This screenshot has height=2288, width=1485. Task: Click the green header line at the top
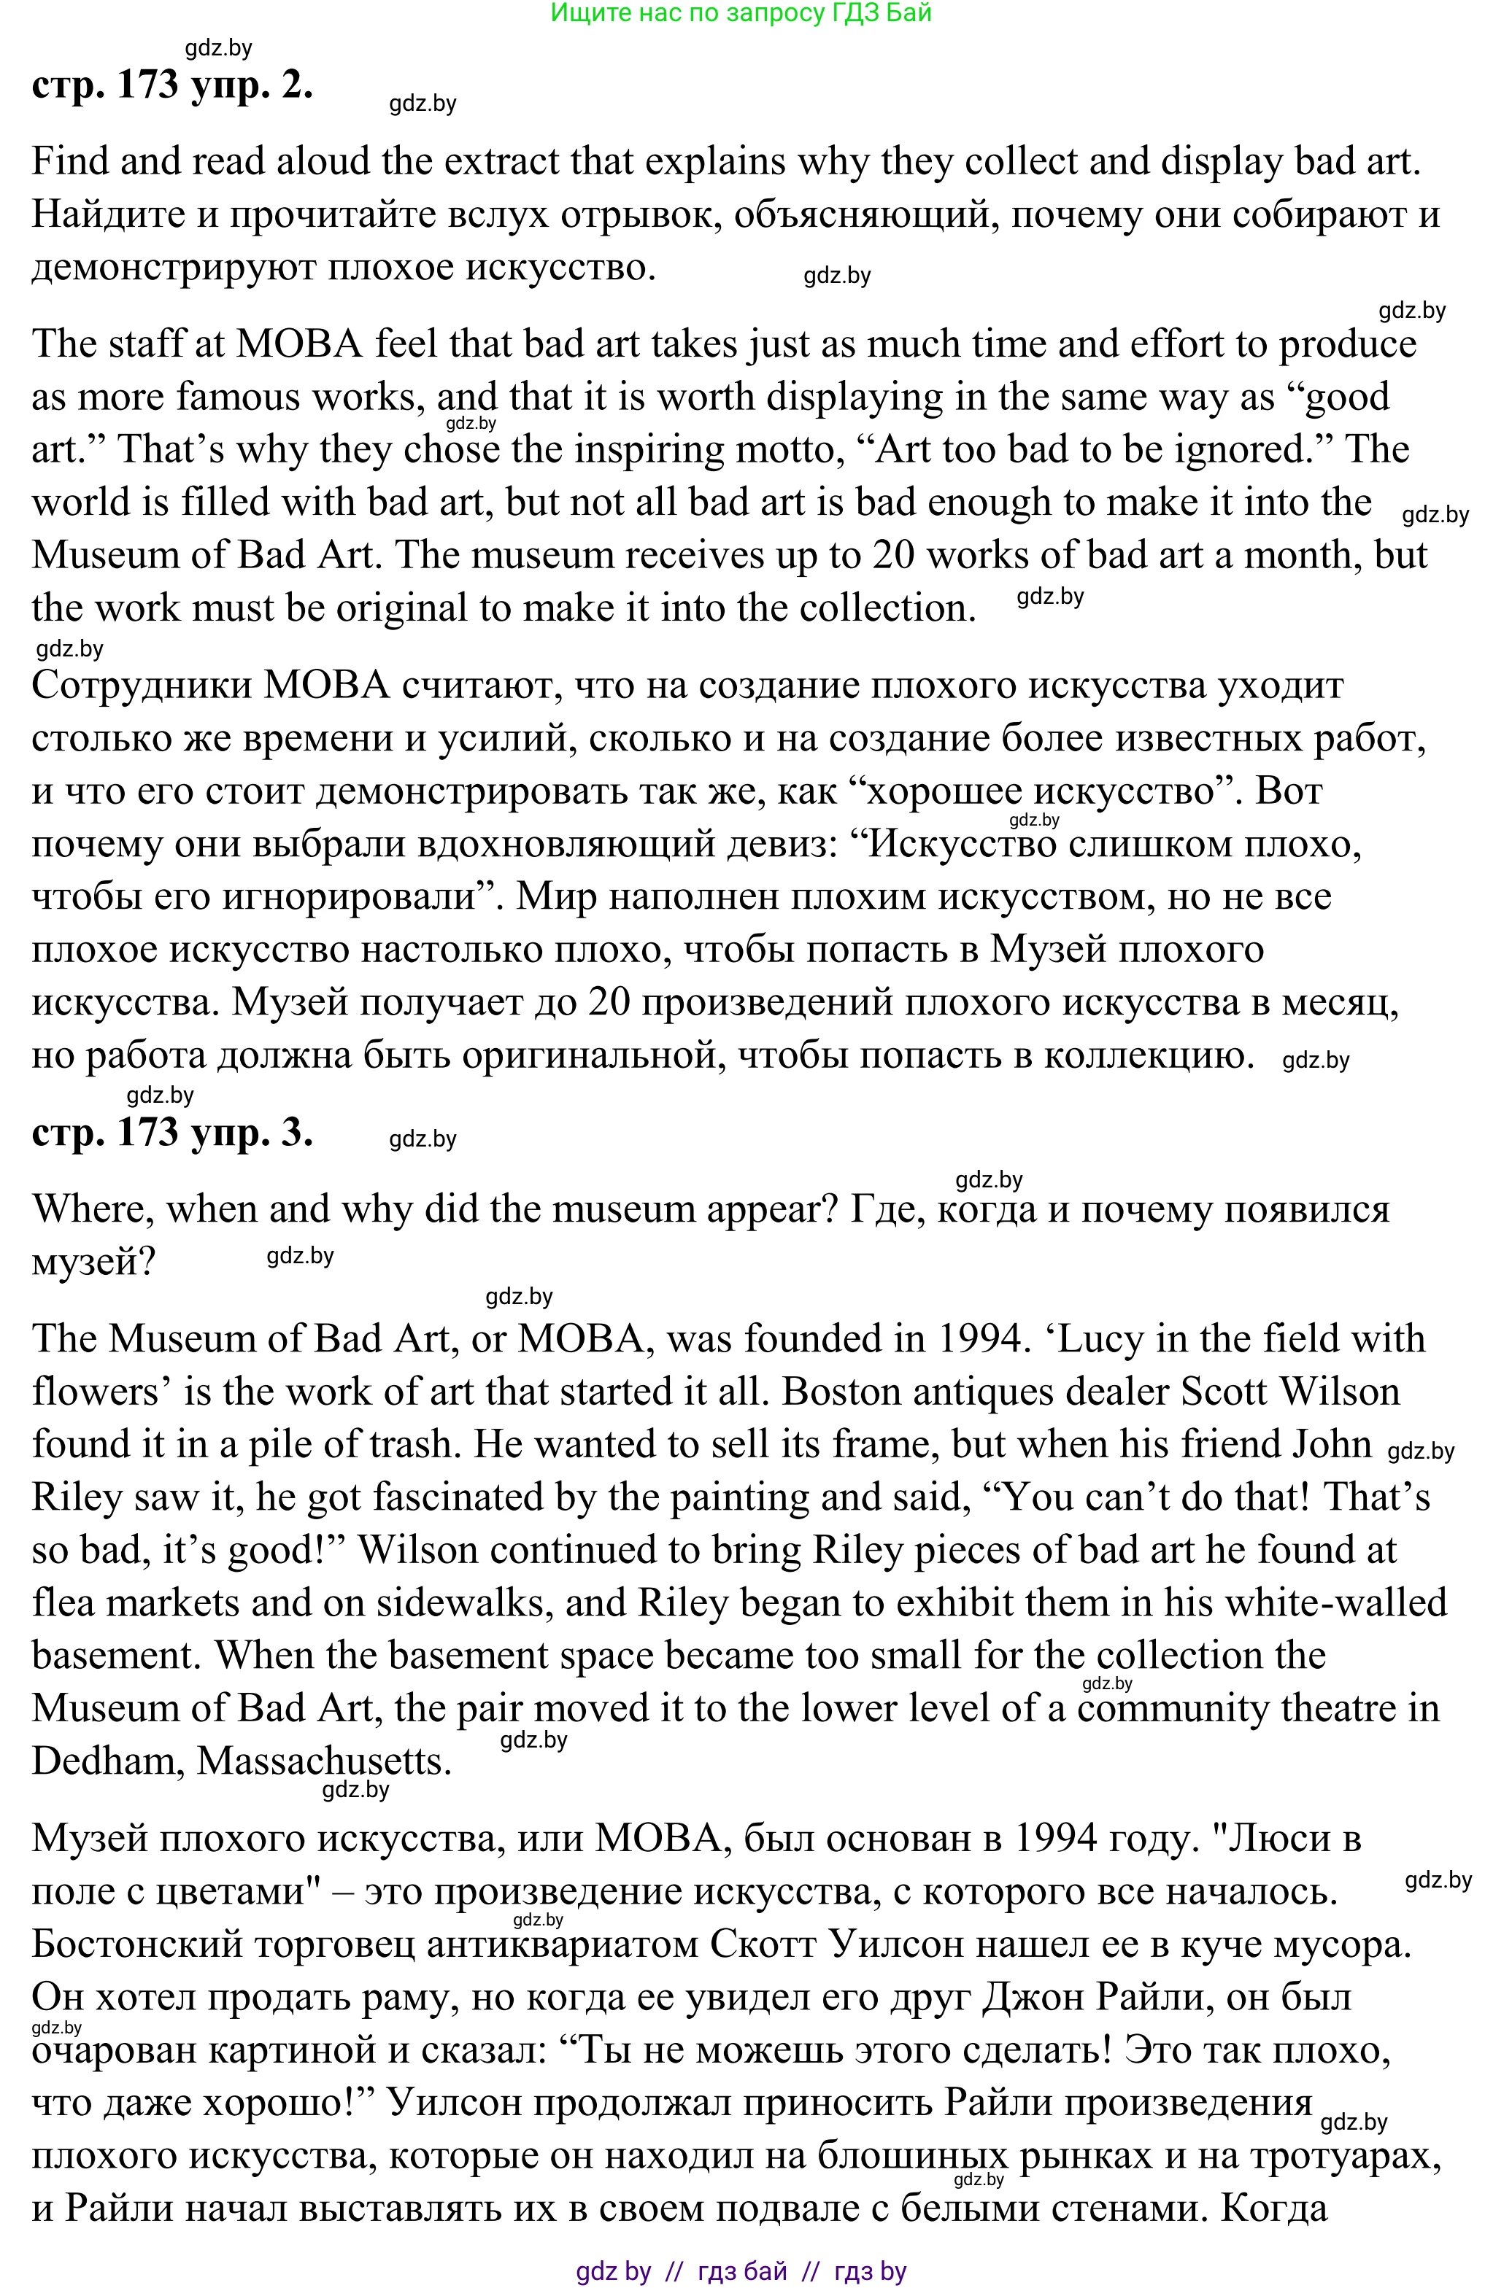(x=741, y=13)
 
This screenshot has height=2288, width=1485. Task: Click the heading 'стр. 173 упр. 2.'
(x=172, y=85)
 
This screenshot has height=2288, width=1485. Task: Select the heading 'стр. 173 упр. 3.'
(x=172, y=1133)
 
